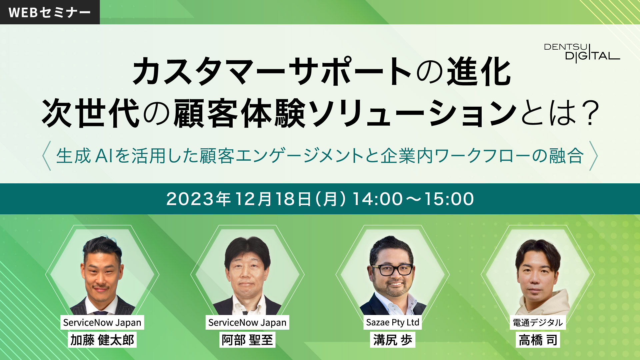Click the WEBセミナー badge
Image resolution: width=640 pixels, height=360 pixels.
pos(50,12)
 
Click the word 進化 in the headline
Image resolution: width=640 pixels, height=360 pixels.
pos(479,71)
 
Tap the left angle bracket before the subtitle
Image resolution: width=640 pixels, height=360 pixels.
pos(47,156)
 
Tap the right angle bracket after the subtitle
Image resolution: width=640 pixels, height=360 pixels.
pos(594,156)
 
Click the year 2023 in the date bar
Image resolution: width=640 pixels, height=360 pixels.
pos(190,199)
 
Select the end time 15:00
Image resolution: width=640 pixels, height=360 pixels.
pos(449,199)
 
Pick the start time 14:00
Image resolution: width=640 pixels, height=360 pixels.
pos(378,199)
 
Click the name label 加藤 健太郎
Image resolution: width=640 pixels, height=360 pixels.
pos(102,340)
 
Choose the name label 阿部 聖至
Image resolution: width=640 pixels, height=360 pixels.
pos(247,340)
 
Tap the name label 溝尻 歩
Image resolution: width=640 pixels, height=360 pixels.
pos(393,340)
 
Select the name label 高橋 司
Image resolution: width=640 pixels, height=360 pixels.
pos(538,340)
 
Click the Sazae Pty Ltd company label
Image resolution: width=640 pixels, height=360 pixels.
pos(393,322)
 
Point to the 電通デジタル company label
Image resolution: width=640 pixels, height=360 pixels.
pos(538,322)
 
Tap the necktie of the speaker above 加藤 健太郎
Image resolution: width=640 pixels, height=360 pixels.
pos(101,312)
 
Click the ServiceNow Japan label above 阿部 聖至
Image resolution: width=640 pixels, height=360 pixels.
pos(247,322)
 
